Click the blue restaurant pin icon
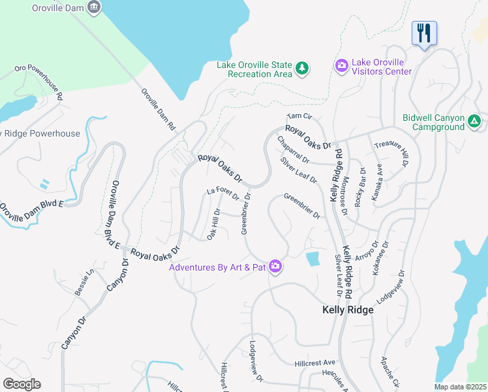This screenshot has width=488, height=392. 424,33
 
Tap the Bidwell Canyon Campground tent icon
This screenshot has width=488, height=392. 474,122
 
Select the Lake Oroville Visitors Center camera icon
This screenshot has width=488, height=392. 341,66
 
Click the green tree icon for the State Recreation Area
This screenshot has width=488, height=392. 301,68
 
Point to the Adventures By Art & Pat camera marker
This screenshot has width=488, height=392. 275,267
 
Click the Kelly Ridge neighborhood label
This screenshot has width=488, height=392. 348,310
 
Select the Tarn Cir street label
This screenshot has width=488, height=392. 296,116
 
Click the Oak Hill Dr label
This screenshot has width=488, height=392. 214,224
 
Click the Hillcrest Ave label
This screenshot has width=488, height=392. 314,362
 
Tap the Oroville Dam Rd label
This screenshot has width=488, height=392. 159,107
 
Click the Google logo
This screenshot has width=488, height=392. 22,384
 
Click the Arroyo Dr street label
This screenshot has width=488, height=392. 367,248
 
